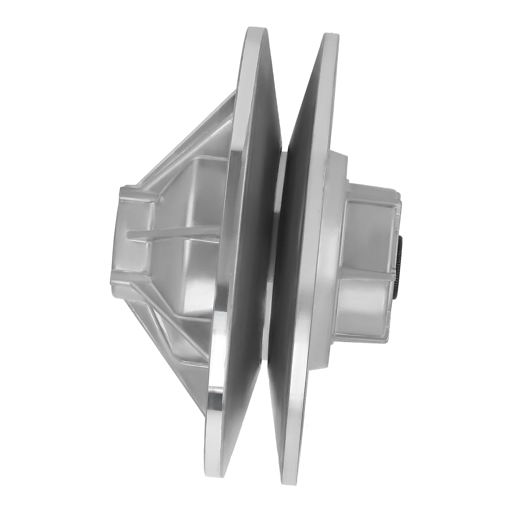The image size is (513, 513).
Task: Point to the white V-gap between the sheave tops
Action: pyautogui.click(x=293, y=80)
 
